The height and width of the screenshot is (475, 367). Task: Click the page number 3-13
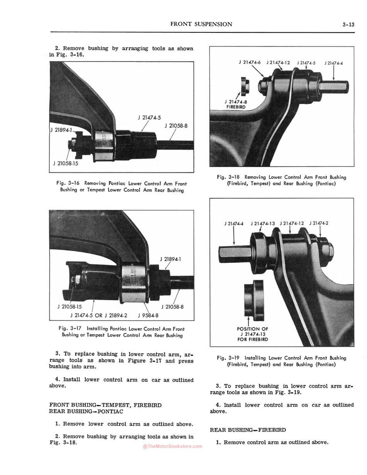pyautogui.click(x=348, y=24)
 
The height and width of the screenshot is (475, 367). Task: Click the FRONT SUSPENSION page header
pyautogui.click(x=201, y=24)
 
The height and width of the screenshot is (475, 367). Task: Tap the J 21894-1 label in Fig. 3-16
pyautogui.click(x=61, y=130)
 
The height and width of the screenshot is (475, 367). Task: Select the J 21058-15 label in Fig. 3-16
pyautogui.click(x=66, y=163)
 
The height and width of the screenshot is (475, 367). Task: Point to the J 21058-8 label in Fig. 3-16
pyautogui.click(x=176, y=125)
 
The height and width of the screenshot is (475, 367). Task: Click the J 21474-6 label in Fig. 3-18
pyautogui.click(x=250, y=63)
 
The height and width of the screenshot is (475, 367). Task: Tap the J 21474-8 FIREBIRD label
pyautogui.click(x=235, y=104)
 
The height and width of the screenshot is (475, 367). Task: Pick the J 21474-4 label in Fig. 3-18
pyautogui.click(x=333, y=63)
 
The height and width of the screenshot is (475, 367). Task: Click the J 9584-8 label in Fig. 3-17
pyautogui.click(x=148, y=315)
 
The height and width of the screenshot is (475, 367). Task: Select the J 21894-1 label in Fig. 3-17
pyautogui.click(x=170, y=259)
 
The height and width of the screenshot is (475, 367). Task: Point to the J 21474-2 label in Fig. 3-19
pyautogui.click(x=319, y=223)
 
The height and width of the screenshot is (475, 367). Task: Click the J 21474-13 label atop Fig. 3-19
pyautogui.click(x=263, y=223)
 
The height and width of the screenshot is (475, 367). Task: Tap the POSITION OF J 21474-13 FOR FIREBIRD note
pyautogui.click(x=253, y=334)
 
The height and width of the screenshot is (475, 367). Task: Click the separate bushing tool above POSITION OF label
pyautogui.click(x=253, y=300)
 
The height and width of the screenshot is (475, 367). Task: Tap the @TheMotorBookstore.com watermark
pyautogui.click(x=172, y=446)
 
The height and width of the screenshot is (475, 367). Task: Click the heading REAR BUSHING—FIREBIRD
pyautogui.click(x=248, y=430)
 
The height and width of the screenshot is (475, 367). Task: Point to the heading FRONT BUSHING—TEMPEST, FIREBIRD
pyautogui.click(x=105, y=405)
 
